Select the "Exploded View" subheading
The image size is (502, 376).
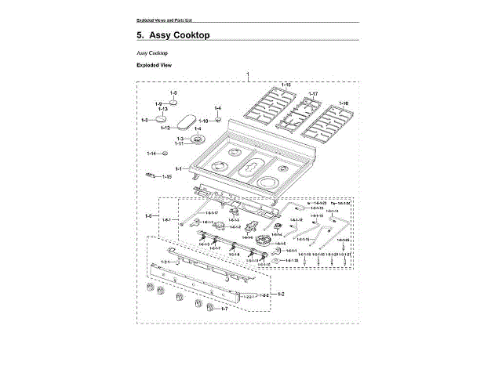pyautogui.click(x=154, y=65)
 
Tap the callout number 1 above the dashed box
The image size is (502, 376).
pyautogui.click(x=248, y=74)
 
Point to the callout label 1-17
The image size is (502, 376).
pyautogui.click(x=312, y=94)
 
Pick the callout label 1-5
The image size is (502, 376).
pyautogui.click(x=173, y=92)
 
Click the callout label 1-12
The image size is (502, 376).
pyautogui.click(x=166, y=127)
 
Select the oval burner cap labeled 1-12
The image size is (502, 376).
pyautogui.click(x=187, y=122)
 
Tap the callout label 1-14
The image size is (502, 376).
pyautogui.click(x=151, y=154)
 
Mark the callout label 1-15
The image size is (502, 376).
pyautogui.click(x=166, y=177)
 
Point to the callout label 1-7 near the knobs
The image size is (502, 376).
pyautogui.click(x=224, y=309)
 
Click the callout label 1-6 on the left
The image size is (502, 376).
pyautogui.click(x=148, y=214)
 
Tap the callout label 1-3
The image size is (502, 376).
pyautogui.click(x=180, y=138)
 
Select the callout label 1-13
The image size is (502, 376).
pyautogui.click(x=163, y=109)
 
